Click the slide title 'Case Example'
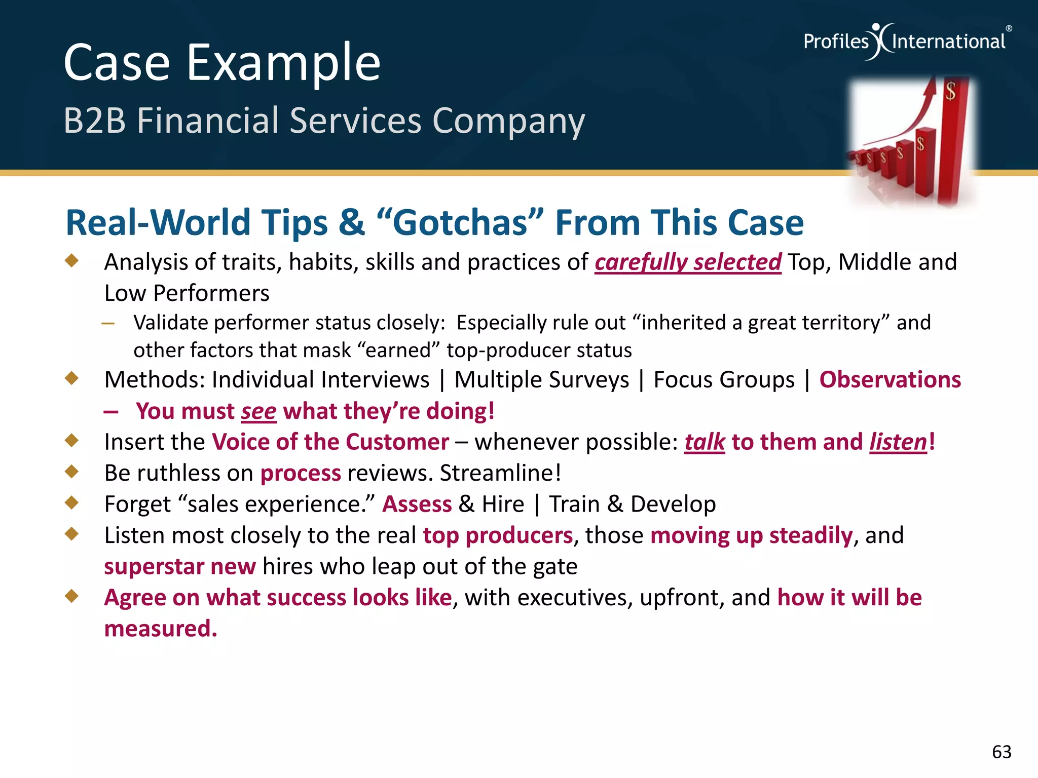(x=221, y=63)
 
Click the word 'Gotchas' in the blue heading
(x=460, y=222)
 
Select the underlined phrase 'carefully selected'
(x=687, y=262)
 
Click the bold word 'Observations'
(x=889, y=380)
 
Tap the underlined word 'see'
(x=258, y=411)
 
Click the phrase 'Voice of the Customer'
(x=330, y=442)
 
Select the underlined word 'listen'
(x=898, y=442)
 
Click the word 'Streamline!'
(x=500, y=473)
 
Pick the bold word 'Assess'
(x=417, y=504)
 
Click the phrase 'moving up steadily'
(x=751, y=535)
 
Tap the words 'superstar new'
(x=179, y=566)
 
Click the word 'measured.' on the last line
(x=160, y=629)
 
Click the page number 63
(x=1001, y=752)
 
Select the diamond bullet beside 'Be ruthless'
(x=72, y=472)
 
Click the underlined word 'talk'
(x=705, y=442)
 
